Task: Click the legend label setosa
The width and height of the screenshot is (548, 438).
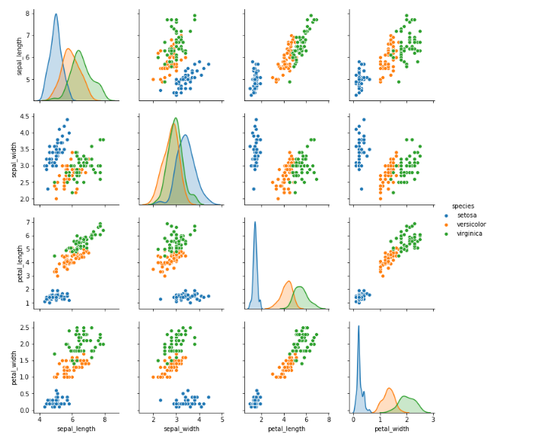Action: click(467, 215)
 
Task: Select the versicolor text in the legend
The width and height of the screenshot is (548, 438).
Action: click(472, 224)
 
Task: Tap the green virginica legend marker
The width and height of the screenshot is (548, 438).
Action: click(446, 233)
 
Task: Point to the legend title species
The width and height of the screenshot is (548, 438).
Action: click(463, 206)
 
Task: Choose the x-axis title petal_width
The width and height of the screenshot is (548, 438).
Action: click(391, 429)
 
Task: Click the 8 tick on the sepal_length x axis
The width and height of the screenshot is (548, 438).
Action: click(105, 418)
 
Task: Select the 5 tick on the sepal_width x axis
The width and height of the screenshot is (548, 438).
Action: click(221, 418)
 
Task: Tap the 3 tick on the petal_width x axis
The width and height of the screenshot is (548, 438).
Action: click(432, 418)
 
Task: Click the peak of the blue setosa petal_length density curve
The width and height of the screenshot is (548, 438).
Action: click(255, 222)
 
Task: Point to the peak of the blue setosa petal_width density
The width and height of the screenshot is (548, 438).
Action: click(358, 326)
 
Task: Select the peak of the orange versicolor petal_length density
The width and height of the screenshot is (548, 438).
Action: click(288, 281)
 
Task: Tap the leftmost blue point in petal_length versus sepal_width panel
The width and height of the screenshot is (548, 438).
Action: click(160, 299)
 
